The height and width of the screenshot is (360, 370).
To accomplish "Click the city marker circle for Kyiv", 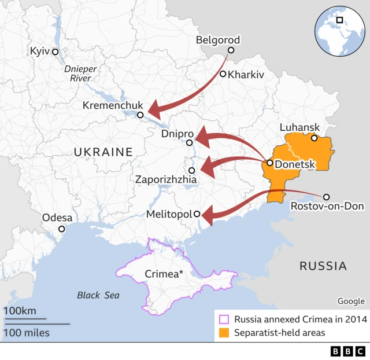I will pos(55,52).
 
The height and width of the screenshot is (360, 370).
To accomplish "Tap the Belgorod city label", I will pos(217,40).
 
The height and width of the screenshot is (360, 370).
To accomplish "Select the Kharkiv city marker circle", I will pos(223,74).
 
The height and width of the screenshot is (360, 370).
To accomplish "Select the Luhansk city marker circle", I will pos(314,138).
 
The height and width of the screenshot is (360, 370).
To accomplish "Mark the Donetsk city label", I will pos(295,164).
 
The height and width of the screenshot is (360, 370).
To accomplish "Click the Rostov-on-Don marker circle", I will pos(326,197).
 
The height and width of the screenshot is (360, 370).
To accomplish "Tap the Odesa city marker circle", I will pos(62,229).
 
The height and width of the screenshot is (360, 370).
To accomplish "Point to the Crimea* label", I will pos(164,274).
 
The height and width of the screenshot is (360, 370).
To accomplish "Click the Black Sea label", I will pos(98,295).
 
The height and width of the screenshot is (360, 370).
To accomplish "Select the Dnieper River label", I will pos(81,73).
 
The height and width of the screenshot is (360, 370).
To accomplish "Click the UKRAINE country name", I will pos(103,152).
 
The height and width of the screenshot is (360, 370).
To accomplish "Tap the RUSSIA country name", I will pos(323,266).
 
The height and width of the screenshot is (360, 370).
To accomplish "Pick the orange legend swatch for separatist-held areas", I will pos(223,333).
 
